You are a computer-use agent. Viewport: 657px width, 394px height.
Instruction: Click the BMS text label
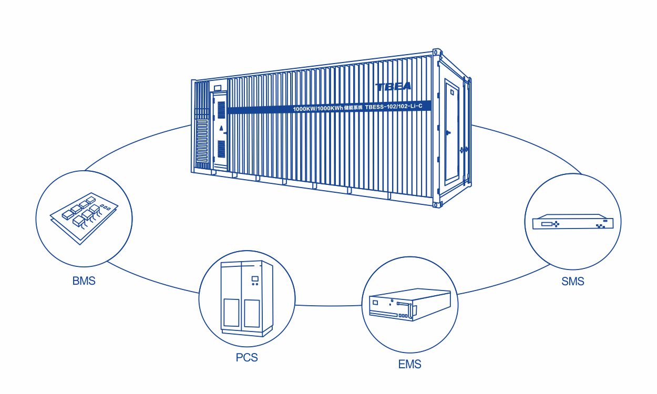pos(84,281)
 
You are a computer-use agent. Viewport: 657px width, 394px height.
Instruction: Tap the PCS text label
pos(247,358)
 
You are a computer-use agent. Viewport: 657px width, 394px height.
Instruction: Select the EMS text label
pos(409,364)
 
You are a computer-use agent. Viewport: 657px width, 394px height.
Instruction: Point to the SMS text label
pos(572,282)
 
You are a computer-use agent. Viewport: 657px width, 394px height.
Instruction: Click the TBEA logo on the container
pos(393,86)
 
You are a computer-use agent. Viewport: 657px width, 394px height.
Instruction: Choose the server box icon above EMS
pos(410,305)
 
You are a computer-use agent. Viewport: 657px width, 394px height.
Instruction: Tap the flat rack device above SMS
pos(573,222)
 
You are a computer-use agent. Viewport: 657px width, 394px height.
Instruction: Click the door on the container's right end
pos(451,131)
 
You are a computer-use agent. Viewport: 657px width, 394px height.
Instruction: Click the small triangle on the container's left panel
pos(221,128)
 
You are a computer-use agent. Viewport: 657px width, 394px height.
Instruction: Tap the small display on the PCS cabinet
pos(255,278)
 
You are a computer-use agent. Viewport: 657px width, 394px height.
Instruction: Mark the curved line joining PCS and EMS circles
pos(329,305)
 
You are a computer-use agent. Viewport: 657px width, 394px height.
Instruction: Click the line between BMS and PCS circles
pos(152,278)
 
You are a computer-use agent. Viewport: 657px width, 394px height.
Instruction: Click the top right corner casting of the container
pos(436,53)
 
